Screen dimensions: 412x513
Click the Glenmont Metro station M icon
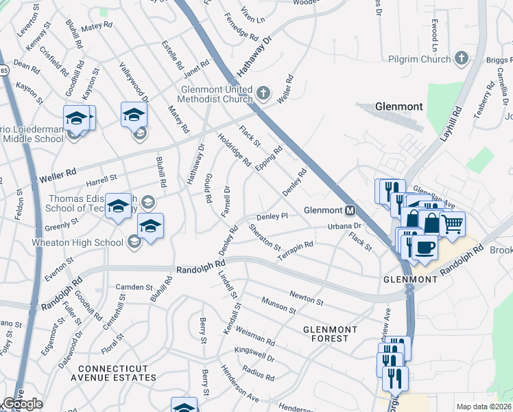click(350, 210)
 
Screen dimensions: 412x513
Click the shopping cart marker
click(452, 223)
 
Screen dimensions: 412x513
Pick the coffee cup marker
click(425, 247)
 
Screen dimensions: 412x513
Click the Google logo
click(23, 404)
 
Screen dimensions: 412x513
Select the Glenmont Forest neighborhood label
click(331, 334)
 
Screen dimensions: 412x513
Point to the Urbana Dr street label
click(344, 226)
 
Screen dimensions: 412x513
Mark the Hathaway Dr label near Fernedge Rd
click(254, 56)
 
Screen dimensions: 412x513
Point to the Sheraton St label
click(264, 237)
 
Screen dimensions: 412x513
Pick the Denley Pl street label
click(272, 216)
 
